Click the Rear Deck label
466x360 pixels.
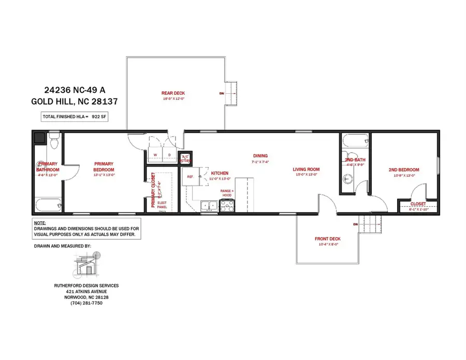tap(173, 93)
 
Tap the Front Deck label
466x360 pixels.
tap(327, 239)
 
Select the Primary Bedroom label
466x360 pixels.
tap(104, 167)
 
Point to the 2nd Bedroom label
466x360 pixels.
tap(403, 170)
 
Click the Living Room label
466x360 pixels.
tap(306, 169)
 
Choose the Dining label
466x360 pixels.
tap(260, 155)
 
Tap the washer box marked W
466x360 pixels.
tap(155, 154)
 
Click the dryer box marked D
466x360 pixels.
tap(169, 154)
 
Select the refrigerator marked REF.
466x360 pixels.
tap(190, 177)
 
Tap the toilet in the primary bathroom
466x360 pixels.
tap(54, 139)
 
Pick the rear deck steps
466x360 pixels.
tap(231, 93)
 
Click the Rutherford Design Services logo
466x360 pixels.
tap(86, 265)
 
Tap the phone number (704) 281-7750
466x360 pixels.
tap(86, 303)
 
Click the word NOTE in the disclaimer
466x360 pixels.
tap(40, 222)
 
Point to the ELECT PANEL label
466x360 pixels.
tap(163, 203)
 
